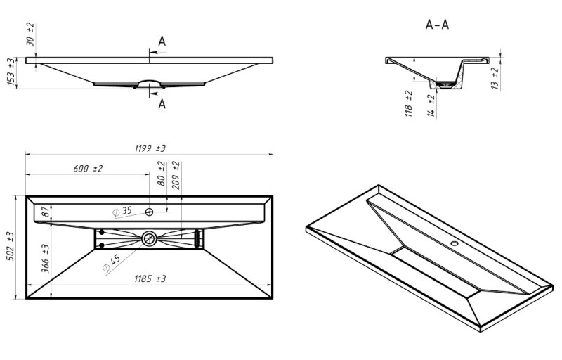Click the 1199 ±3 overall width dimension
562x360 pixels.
point(150,148)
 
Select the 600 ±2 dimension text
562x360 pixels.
point(88,169)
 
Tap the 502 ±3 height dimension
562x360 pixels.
point(11,246)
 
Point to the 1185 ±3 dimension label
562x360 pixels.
point(150,278)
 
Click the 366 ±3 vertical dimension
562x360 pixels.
point(46,258)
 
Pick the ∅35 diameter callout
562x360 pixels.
point(122,211)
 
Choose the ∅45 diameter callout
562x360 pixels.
point(112,263)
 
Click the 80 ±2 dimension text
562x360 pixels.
point(162,174)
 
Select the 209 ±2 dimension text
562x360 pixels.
point(176,175)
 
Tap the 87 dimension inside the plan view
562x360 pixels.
point(46,212)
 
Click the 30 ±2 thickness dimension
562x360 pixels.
point(31,34)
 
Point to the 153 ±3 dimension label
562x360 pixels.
point(11,72)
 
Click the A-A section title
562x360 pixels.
point(437,25)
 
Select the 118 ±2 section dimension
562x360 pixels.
point(409,104)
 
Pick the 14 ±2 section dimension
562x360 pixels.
point(431,106)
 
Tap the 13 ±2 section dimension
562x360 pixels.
point(495,78)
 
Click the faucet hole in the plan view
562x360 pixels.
point(149,212)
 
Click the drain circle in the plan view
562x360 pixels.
point(149,239)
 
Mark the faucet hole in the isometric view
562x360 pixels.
point(455,244)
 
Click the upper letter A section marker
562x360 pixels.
point(162,41)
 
